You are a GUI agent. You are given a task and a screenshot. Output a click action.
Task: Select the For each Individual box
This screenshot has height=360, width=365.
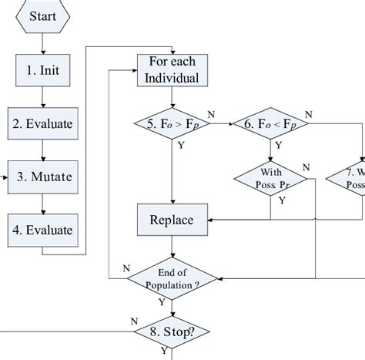point(172,69)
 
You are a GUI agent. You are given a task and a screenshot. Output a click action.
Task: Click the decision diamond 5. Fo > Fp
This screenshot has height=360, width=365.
point(172,122)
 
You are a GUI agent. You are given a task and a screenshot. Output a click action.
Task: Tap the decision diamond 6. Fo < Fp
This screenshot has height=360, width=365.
point(270,122)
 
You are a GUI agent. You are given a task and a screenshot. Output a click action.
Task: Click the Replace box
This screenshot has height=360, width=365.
point(172,220)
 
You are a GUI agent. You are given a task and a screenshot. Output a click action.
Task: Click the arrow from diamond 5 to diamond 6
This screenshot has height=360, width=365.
point(220,122)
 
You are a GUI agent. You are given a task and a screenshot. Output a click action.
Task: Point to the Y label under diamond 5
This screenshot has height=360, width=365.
point(180,143)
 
